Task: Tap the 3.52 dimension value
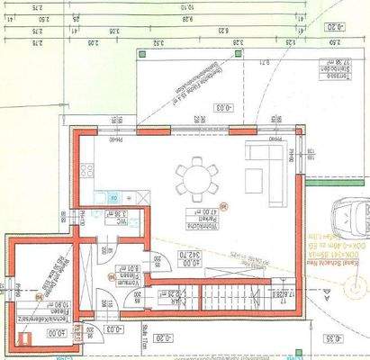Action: (158, 41)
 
